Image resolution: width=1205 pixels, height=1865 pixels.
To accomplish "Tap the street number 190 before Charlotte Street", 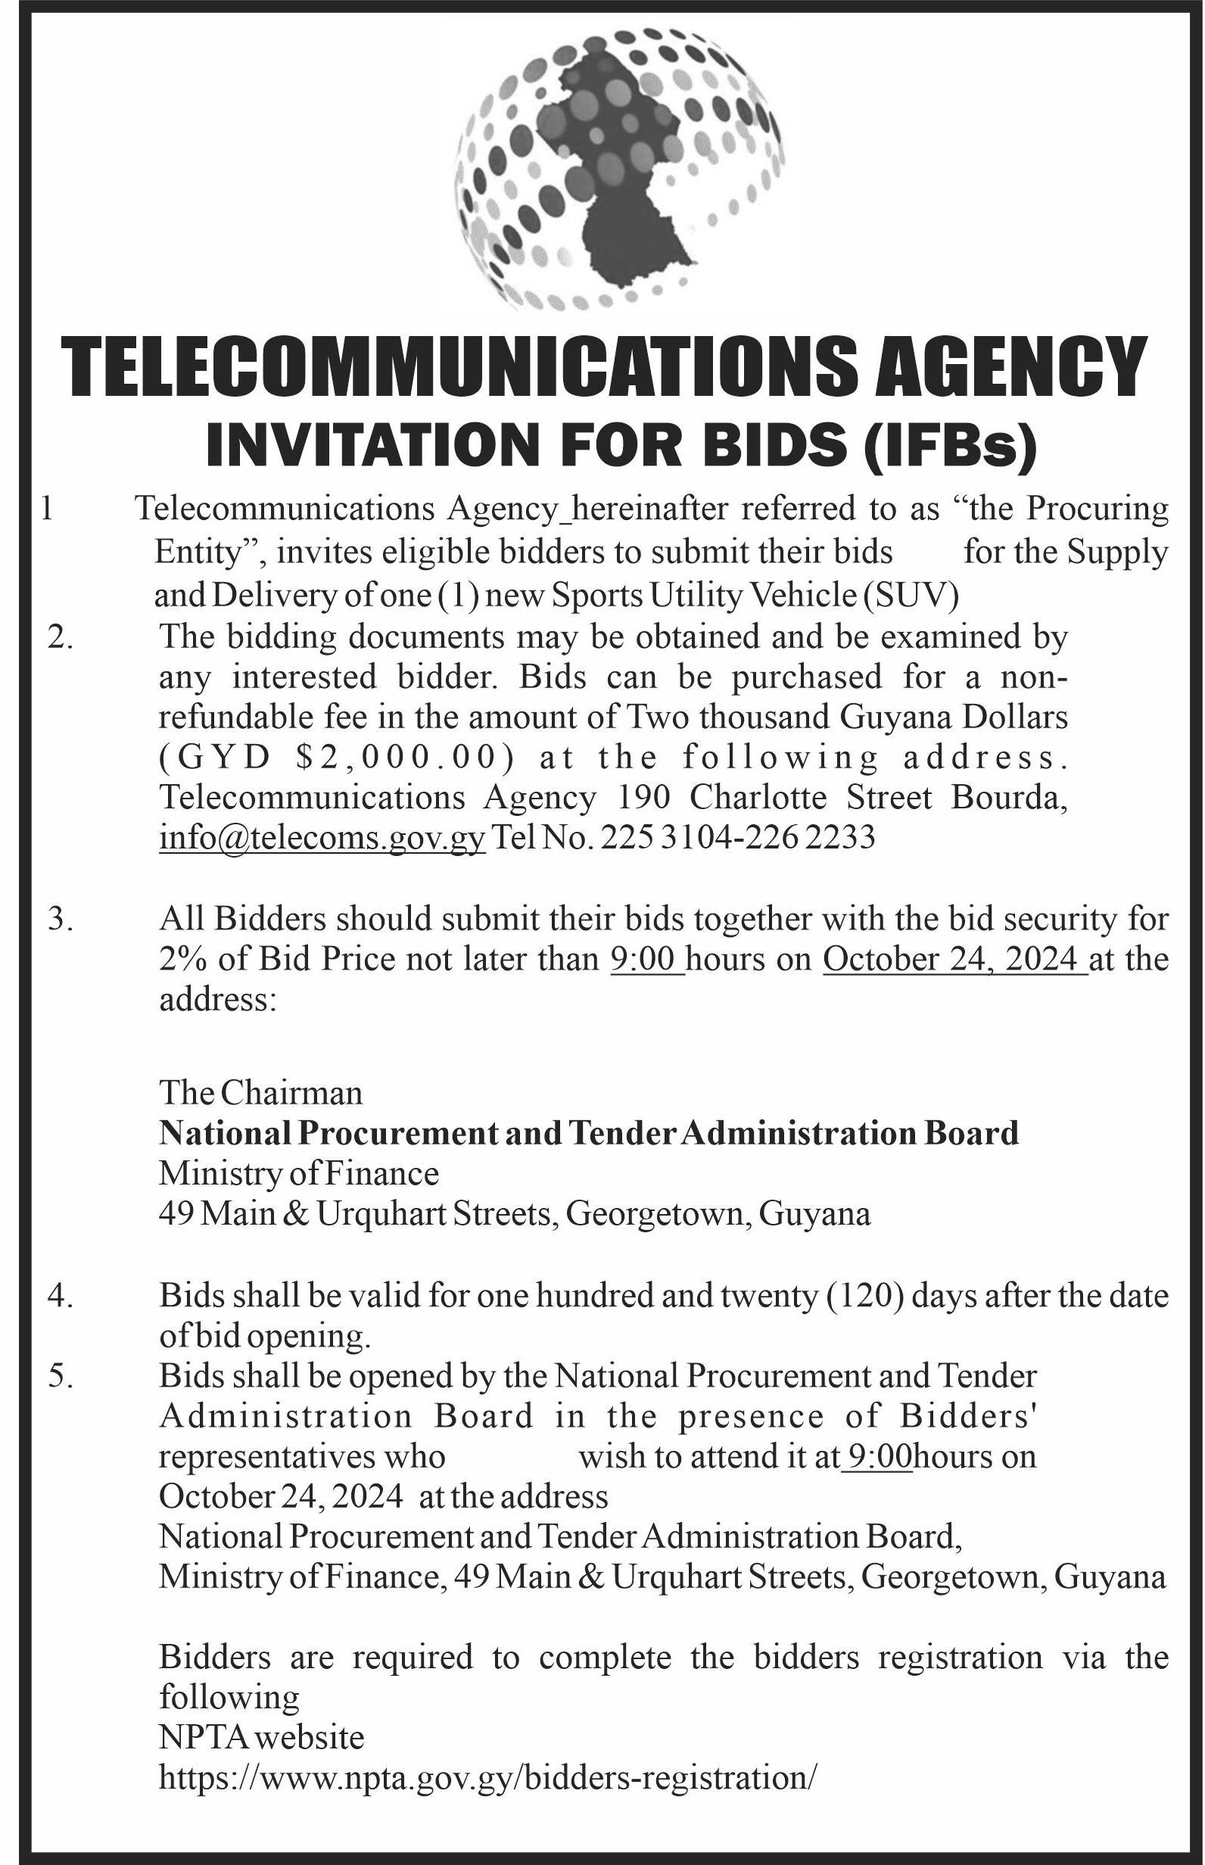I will [644, 797].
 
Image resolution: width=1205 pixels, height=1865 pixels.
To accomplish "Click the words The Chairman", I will [261, 1093].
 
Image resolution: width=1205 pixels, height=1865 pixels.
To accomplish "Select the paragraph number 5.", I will [59, 1376].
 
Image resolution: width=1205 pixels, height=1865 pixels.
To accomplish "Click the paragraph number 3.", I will [59, 919].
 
